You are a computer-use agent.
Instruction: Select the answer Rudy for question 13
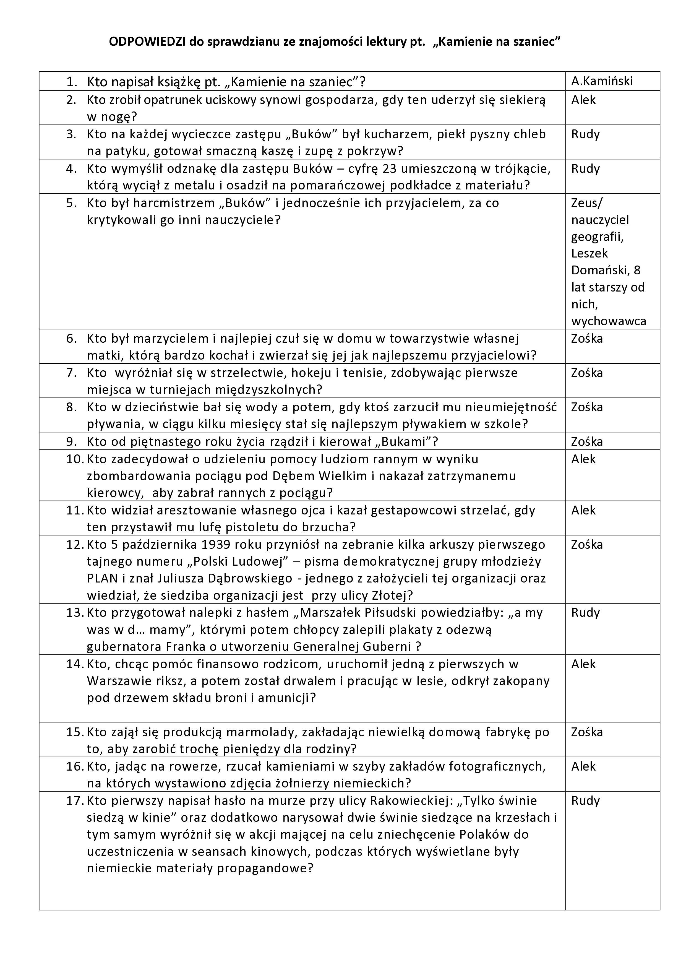click(x=585, y=613)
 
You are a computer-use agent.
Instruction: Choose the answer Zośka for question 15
click(x=587, y=732)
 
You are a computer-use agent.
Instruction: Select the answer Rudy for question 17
click(x=585, y=800)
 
